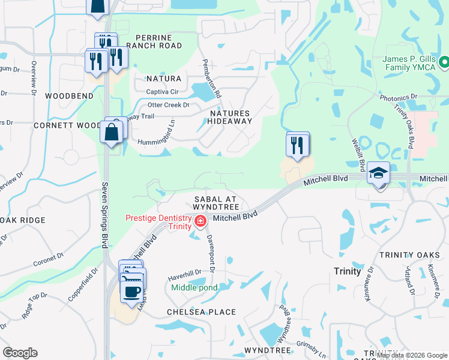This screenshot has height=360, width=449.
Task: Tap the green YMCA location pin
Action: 444,62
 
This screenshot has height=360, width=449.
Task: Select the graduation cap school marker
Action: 379,173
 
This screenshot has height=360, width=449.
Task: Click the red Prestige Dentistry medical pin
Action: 200,222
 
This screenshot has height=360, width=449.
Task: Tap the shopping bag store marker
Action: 113,131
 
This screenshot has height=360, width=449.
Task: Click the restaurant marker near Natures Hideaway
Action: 298,145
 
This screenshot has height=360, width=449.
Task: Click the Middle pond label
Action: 194,287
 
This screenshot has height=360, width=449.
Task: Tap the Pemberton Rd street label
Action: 212,79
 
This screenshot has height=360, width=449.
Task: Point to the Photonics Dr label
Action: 397,97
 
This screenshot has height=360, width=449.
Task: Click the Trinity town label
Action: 348,271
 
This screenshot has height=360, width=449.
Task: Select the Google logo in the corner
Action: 20,353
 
